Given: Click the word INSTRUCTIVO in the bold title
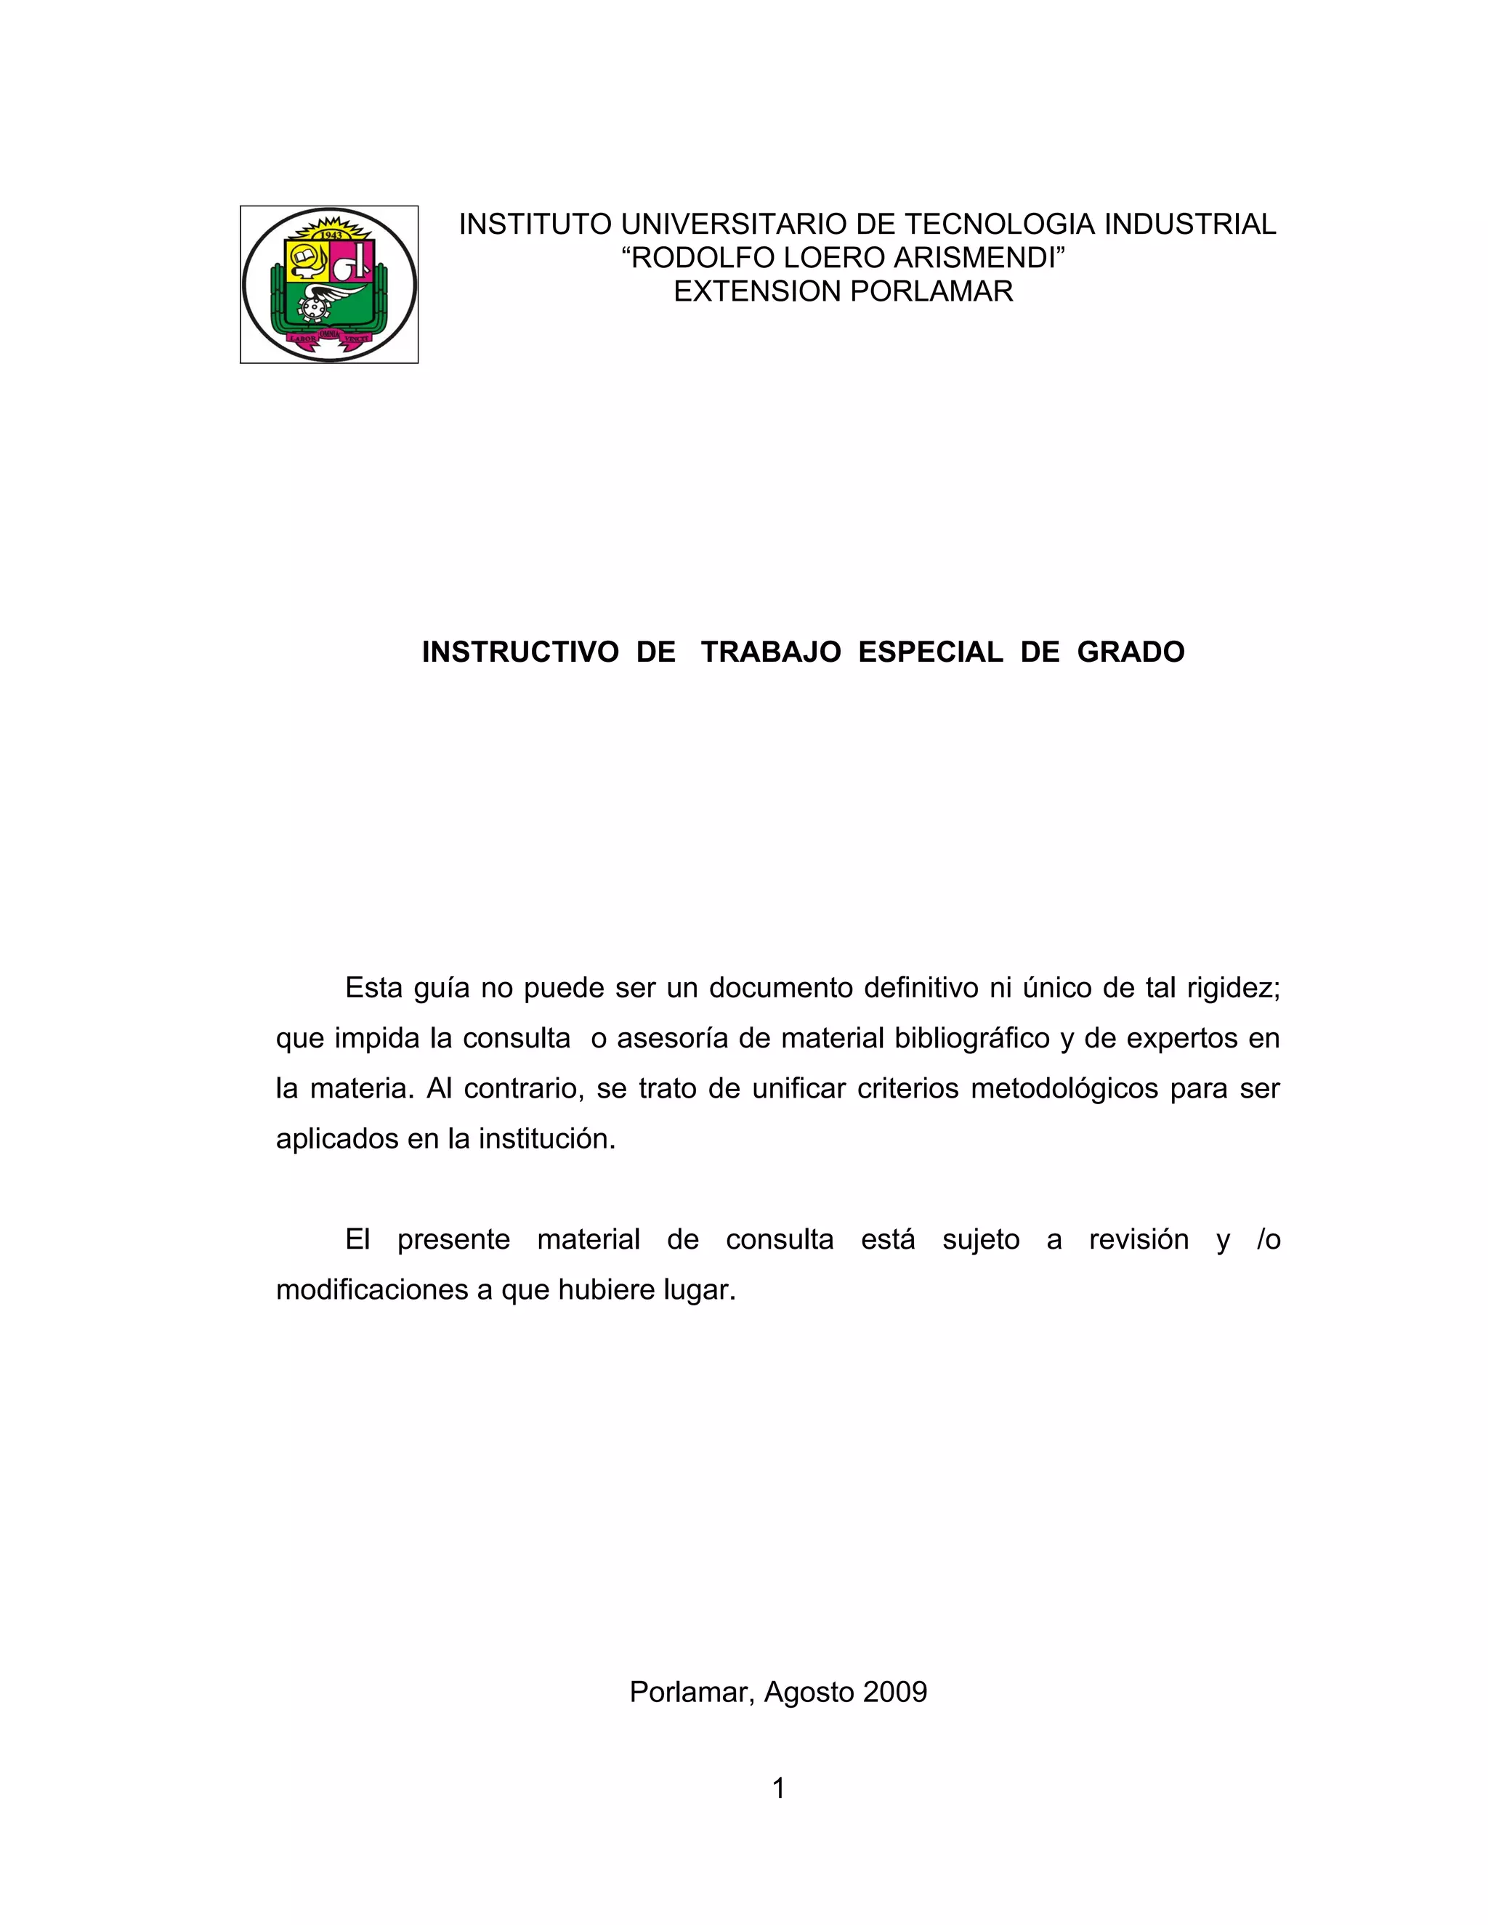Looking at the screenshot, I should [x=520, y=652].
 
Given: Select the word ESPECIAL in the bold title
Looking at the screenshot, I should [x=930, y=652].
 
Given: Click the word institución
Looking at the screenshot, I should [x=546, y=1139].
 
